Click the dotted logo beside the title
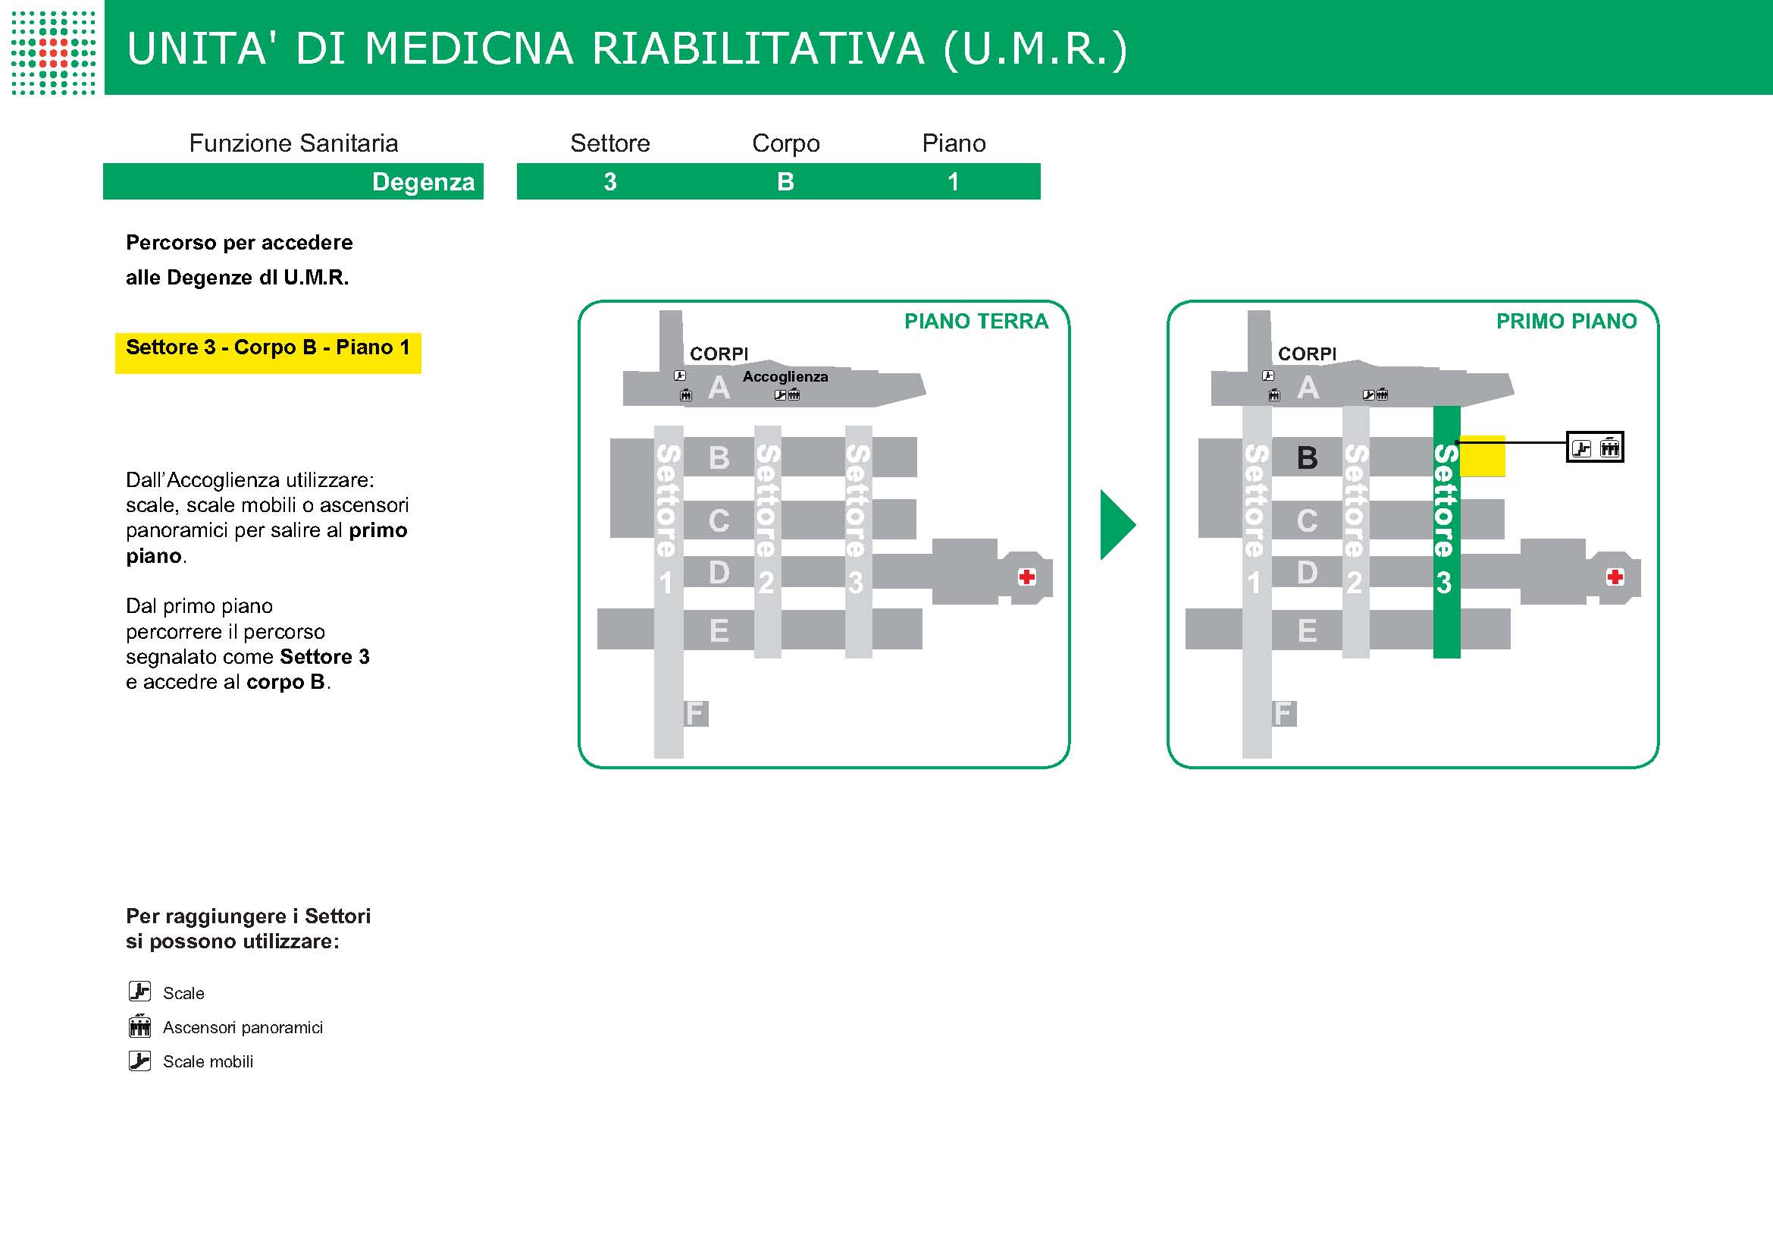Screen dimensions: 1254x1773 [53, 52]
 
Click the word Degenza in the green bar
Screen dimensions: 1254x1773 [422, 181]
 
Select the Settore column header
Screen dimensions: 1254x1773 [610, 143]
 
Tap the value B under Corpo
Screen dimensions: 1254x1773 [785, 181]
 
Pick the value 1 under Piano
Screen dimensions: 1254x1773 [953, 181]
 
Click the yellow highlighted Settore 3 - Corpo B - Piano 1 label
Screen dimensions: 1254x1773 [268, 348]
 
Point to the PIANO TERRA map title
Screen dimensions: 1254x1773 [976, 322]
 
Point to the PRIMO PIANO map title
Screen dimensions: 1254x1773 [1566, 322]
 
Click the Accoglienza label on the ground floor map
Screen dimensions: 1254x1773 [785, 376]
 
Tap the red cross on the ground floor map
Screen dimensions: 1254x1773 [1027, 577]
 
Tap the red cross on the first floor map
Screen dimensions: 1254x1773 [1615, 577]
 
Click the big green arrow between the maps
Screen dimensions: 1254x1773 [1117, 525]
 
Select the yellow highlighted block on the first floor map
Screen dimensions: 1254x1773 [1483, 457]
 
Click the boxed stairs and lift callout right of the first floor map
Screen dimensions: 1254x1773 [1595, 448]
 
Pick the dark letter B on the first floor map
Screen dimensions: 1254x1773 [1307, 458]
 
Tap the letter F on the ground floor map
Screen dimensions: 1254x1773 [696, 713]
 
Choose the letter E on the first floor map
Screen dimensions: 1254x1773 [1307, 630]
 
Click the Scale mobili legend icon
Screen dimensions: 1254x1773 [139, 1061]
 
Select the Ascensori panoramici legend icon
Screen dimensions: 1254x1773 [139, 1026]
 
